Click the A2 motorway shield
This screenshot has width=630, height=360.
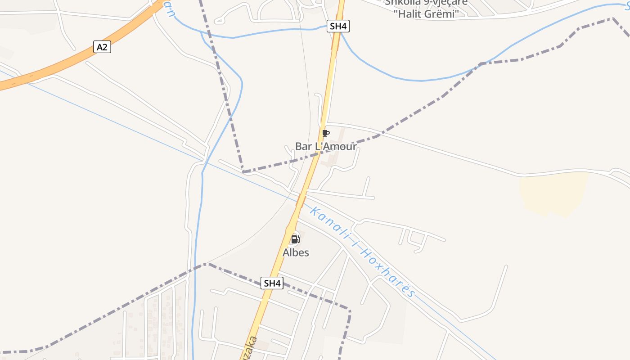point(102,47)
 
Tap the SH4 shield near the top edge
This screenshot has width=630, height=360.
point(338,26)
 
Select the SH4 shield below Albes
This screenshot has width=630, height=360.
point(272,283)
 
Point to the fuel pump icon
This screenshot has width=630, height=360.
point(295,239)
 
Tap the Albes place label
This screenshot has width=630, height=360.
point(296,252)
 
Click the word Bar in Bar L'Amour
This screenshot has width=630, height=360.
point(303,146)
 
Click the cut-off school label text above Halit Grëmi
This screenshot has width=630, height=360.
point(426,2)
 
